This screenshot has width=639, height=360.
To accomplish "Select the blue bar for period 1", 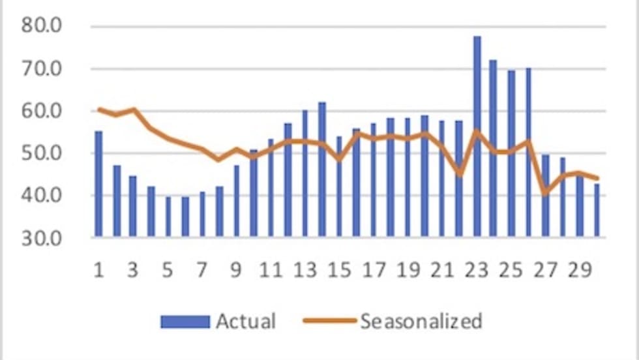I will pos(98,183).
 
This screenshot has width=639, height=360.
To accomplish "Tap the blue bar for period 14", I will pos(322,169).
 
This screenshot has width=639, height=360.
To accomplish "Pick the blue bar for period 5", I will pos(168,216).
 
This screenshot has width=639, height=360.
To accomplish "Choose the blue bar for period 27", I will pos(545,196).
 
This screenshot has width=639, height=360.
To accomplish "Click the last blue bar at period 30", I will pos(597,210).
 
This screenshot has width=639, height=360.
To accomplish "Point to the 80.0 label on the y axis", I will pos(42,26).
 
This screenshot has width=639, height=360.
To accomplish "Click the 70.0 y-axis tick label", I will pos(42,68).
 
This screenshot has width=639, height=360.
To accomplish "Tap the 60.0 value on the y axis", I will pos(42,111).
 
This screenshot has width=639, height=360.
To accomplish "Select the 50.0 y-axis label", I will pos(42,153).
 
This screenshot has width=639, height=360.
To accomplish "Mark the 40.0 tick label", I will pos(42,196).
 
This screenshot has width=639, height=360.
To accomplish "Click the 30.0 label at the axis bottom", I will pos(42,237).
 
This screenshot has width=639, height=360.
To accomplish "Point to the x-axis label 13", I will pos(305,269).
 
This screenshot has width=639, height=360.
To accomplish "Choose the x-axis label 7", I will pos(201,269).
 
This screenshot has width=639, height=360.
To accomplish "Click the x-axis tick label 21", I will pos(442,269).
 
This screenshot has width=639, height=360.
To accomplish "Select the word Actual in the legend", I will pos(246,322).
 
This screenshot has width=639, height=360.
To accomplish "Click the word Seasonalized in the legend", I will pos(421,322).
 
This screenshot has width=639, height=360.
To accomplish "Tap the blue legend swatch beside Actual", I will pos(185,322).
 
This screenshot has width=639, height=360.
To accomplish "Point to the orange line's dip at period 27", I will pos(545,193).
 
